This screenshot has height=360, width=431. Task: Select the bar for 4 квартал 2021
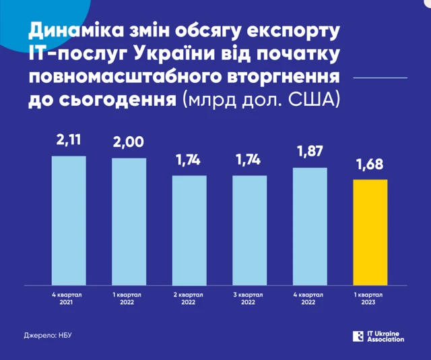[x=69, y=219]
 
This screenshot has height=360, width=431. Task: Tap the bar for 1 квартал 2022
[x=129, y=220]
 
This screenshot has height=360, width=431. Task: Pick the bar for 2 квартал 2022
[x=189, y=229]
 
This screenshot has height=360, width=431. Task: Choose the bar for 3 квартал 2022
[x=250, y=229]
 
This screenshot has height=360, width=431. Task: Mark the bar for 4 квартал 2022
[x=310, y=225]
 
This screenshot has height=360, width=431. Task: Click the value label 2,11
[x=69, y=142]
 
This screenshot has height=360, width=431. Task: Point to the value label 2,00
[x=129, y=144]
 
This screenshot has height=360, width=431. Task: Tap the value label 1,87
[x=310, y=154]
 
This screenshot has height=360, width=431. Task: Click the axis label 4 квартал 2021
[x=69, y=299]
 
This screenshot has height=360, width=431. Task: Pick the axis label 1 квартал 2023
[x=370, y=299]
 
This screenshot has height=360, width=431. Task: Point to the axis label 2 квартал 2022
[x=189, y=299]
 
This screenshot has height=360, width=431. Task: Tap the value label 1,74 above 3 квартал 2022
[x=250, y=162]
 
